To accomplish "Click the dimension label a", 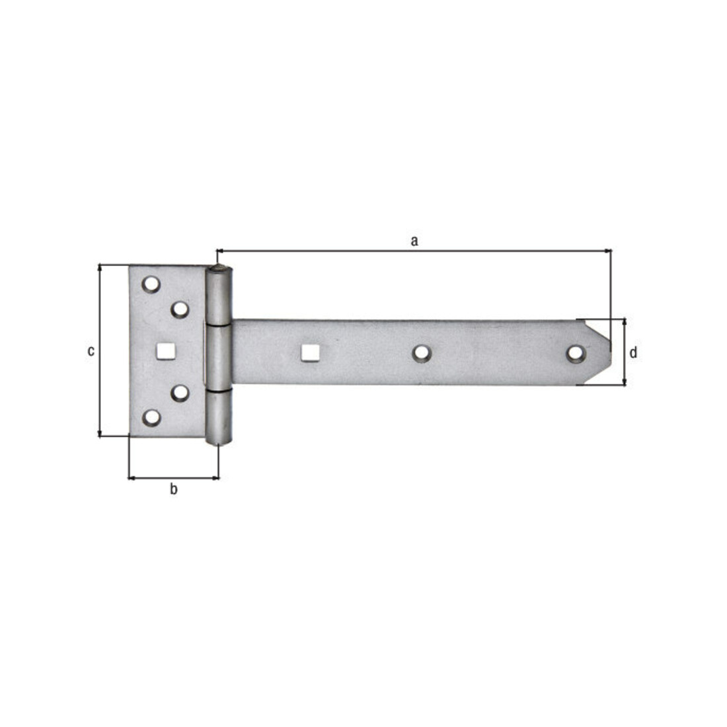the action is point(414,241).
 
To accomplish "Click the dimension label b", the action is point(173,488).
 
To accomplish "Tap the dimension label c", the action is point(91,351).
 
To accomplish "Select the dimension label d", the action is point(633,352).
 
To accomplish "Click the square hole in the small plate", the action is point(165,351).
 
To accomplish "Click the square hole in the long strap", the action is point(310,353).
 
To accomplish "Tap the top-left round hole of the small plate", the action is point(151,284).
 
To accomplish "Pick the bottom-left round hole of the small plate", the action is point(151,418).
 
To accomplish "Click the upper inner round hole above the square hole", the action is point(180,309).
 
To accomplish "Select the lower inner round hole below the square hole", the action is point(180,393).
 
